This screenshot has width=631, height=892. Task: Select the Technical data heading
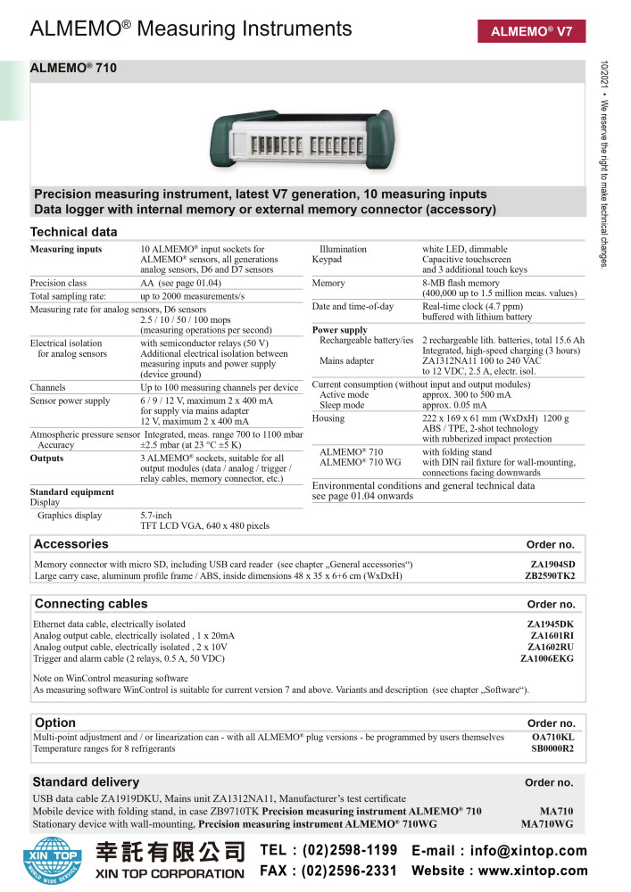[x=73, y=232]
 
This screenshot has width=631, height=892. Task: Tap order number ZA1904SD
[x=552, y=565]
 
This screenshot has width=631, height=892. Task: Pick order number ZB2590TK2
[x=550, y=576]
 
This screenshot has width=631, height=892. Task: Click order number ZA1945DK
[x=551, y=624]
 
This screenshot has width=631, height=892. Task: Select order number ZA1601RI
[x=552, y=635]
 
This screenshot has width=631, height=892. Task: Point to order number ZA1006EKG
[x=547, y=658]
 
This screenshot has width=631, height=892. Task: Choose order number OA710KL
[x=552, y=738]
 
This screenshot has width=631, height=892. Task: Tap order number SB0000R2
[x=552, y=749]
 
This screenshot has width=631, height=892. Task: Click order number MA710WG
[x=547, y=824]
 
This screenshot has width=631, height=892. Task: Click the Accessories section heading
[x=71, y=544]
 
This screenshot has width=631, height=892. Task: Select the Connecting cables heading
[x=91, y=604]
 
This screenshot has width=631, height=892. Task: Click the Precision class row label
[x=58, y=282]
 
